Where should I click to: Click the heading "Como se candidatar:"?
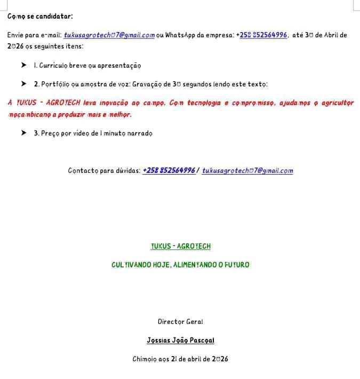[41, 16]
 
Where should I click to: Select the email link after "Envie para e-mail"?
[109, 35]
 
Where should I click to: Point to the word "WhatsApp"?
[181, 35]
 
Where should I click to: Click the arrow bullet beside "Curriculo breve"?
[23, 66]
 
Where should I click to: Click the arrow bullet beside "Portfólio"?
[23, 84]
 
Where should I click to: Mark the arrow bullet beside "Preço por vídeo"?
[23, 133]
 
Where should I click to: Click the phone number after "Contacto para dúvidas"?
[169, 171]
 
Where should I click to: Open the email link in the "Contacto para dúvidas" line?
[247, 171]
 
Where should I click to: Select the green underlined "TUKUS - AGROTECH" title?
[181, 246]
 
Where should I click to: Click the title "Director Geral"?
[180, 322]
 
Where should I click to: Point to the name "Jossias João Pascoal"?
[180, 341]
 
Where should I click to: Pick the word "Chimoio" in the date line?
[144, 359]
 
